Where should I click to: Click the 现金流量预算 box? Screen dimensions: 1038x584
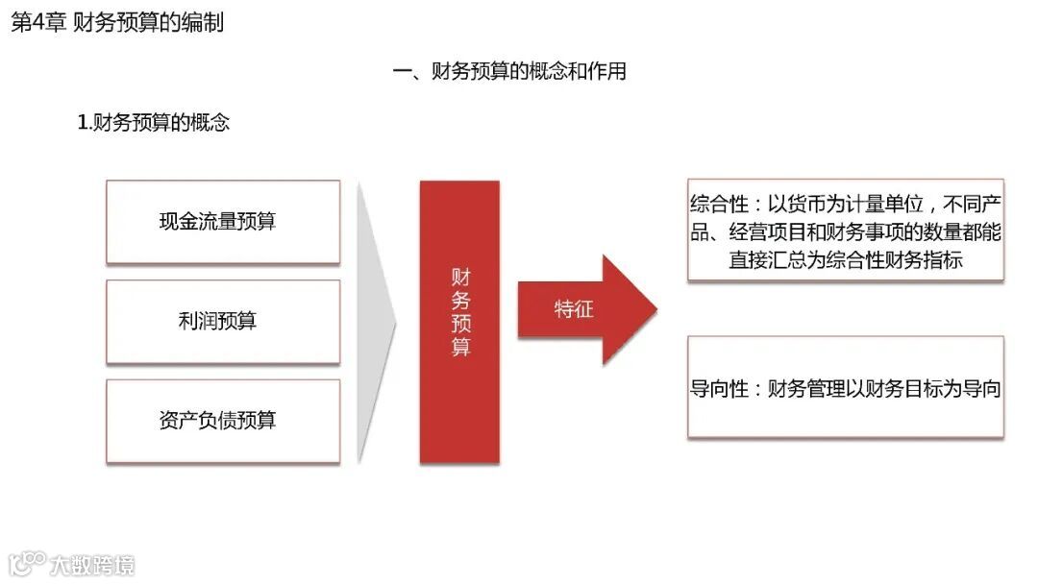click(223, 222)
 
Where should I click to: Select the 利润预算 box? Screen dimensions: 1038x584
click(223, 322)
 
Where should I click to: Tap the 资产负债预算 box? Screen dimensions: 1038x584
click(223, 421)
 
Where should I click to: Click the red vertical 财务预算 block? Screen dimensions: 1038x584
click(459, 322)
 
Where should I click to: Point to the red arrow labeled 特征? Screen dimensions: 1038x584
click(586, 309)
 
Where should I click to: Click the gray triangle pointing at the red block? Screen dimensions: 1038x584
click(375, 322)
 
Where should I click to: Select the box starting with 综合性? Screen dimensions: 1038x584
click(845, 230)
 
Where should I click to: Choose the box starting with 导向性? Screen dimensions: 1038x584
click(845, 387)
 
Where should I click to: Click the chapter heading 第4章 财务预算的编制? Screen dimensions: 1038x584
click(117, 22)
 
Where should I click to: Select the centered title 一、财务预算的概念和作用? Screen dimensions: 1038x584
click(509, 71)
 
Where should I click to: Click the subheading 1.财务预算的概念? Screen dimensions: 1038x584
click(154, 123)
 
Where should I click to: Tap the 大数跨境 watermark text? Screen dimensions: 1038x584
click(93, 564)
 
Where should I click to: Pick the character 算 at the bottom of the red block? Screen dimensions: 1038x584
click(461, 347)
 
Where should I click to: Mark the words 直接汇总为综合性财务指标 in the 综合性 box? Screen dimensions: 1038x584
click(845, 259)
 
